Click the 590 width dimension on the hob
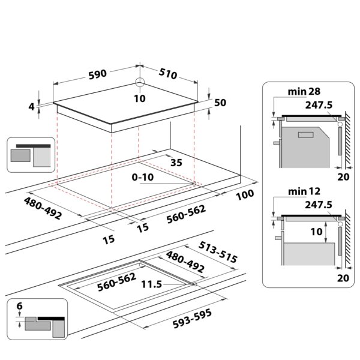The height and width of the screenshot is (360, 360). (x=97, y=74)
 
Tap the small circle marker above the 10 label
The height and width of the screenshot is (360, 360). (x=140, y=83)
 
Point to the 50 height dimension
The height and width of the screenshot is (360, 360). (x=220, y=103)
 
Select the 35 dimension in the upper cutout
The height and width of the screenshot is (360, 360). (x=176, y=162)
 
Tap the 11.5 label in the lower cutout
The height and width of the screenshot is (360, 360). (x=151, y=284)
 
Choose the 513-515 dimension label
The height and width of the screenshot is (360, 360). (x=217, y=253)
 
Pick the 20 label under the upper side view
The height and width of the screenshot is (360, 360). (x=343, y=177)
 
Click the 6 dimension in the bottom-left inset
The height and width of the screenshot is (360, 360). (x=19, y=307)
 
